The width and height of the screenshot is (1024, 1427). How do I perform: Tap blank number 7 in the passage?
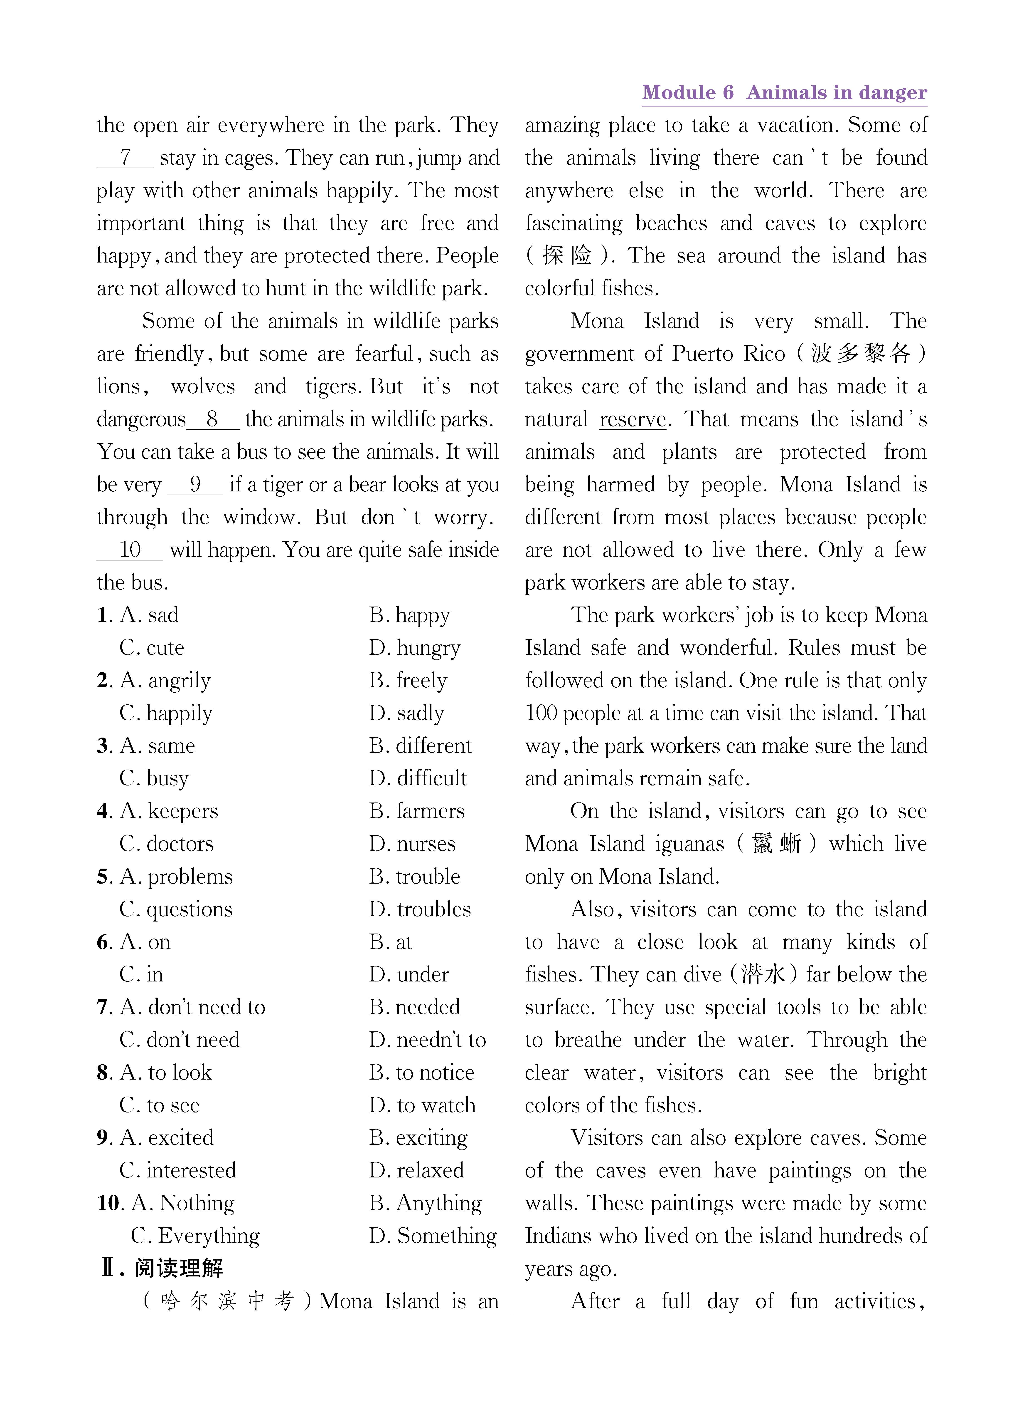pyautogui.click(x=125, y=157)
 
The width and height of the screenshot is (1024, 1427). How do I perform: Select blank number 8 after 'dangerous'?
pyautogui.click(x=213, y=419)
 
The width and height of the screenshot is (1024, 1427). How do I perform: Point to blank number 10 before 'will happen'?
pyautogui.click(x=130, y=550)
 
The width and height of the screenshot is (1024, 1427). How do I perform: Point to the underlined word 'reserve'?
pyautogui.click(x=632, y=419)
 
